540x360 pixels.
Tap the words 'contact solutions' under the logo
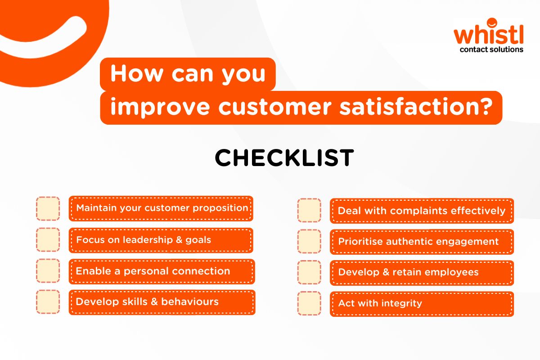[x=491, y=49]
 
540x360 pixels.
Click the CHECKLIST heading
[x=284, y=158]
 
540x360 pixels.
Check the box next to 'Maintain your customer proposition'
[x=48, y=208]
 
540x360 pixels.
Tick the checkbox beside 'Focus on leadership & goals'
[x=48, y=239]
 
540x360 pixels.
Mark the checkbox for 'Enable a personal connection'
[x=48, y=271]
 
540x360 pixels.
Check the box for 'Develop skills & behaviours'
[x=48, y=301]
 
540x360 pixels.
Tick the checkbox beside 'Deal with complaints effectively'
[x=309, y=211]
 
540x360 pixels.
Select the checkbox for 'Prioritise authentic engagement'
[x=309, y=241]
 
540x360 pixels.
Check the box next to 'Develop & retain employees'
[x=309, y=272]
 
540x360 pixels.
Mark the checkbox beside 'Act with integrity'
[x=309, y=303]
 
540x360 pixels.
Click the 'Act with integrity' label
[x=380, y=303]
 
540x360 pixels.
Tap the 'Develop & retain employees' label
[x=408, y=272]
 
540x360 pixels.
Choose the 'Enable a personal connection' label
[x=153, y=271]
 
